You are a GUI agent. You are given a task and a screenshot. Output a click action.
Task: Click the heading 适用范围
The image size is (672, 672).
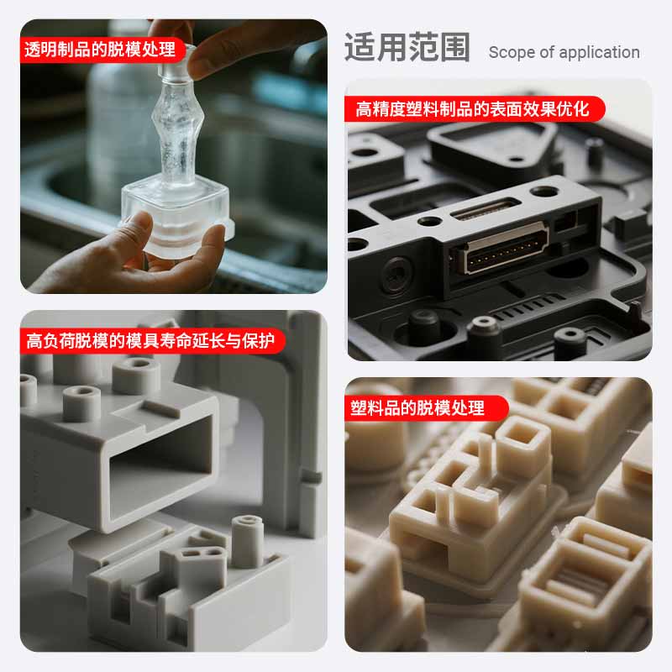407,47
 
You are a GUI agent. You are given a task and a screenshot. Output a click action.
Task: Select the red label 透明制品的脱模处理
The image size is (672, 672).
101,50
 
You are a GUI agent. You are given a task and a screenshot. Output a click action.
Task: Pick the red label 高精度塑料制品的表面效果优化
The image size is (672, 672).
474,109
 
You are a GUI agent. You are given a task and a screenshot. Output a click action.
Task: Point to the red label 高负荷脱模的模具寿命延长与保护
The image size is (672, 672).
151,341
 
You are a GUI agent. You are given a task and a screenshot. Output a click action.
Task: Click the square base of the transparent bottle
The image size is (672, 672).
176,218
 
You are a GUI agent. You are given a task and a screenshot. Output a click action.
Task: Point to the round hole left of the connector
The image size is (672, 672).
396,274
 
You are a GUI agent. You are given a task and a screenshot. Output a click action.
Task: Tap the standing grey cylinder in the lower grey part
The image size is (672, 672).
247,541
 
